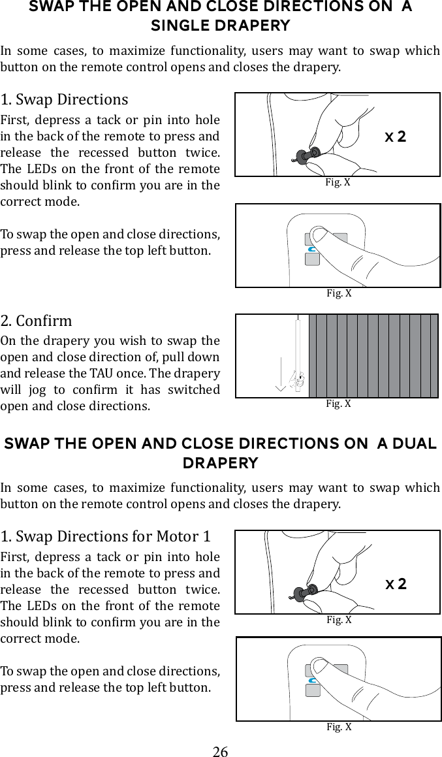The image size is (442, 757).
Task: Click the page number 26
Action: tap(221, 751)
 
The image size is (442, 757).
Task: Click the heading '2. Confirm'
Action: tap(37, 321)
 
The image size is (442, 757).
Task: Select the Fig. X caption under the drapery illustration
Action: tap(338, 404)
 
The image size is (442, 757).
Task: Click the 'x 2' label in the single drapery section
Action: tap(395, 137)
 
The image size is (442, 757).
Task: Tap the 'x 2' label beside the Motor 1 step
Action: tap(396, 583)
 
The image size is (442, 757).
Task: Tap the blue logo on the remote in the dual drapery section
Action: tap(313, 681)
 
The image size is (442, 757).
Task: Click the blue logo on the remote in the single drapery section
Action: tap(312, 249)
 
